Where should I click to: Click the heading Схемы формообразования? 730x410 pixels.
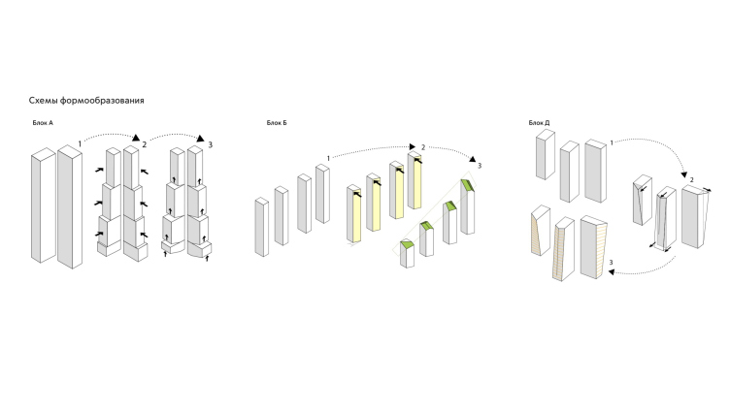pyautogui.click(x=86, y=101)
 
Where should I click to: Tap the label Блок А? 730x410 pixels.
pyautogui.click(x=43, y=123)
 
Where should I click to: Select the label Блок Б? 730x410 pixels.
pyautogui.click(x=277, y=123)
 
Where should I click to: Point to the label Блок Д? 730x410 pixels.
pyautogui.click(x=539, y=123)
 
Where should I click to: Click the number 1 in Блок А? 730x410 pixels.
pyautogui.click(x=80, y=144)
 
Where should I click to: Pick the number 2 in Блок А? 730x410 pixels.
pyautogui.click(x=145, y=144)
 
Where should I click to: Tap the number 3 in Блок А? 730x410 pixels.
pyautogui.click(x=211, y=144)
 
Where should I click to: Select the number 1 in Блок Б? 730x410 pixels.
pyautogui.click(x=328, y=159)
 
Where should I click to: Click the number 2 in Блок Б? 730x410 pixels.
pyautogui.click(x=423, y=147)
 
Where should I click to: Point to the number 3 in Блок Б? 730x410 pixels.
pyautogui.click(x=480, y=166)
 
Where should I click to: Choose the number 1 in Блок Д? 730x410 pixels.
pyautogui.click(x=612, y=142)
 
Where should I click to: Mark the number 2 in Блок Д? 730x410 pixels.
pyautogui.click(x=692, y=180)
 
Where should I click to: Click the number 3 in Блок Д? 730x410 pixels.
pyautogui.click(x=612, y=263)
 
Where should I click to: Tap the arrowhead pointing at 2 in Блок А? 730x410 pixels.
pyautogui.click(x=136, y=138)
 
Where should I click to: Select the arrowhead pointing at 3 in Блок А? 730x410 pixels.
pyautogui.click(x=201, y=138)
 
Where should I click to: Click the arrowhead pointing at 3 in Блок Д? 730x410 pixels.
pyautogui.click(x=613, y=272)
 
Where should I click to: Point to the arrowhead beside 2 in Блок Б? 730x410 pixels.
pyautogui.click(x=412, y=147)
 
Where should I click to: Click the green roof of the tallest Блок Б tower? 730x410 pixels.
pyautogui.click(x=468, y=185)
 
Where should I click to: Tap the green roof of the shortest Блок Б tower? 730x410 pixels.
pyautogui.click(x=407, y=244)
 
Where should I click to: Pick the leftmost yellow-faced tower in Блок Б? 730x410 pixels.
pyautogui.click(x=353, y=214)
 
